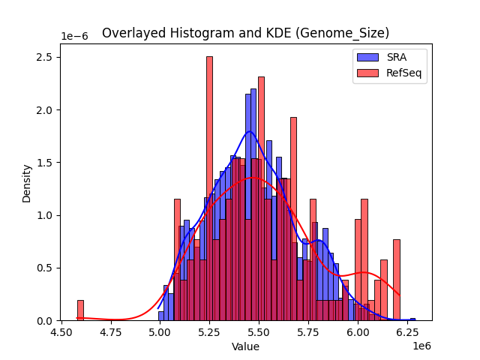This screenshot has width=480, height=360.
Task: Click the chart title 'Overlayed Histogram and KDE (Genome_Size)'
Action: [245, 33]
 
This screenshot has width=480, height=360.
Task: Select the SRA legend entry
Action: [390, 58]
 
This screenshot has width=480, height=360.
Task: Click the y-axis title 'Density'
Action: [27, 183]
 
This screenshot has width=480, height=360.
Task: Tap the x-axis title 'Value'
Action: [245, 346]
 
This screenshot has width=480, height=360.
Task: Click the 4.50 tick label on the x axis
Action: [61, 332]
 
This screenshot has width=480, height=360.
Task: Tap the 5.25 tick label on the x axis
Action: [209, 332]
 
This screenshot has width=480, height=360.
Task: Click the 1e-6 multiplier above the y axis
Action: [75, 37]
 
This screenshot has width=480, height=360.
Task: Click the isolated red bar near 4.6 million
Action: [80, 310]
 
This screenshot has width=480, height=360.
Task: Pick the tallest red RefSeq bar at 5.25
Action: [209, 187]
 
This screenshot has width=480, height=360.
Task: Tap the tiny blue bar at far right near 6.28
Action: [412, 319]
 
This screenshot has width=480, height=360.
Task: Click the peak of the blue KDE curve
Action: [250, 131]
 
